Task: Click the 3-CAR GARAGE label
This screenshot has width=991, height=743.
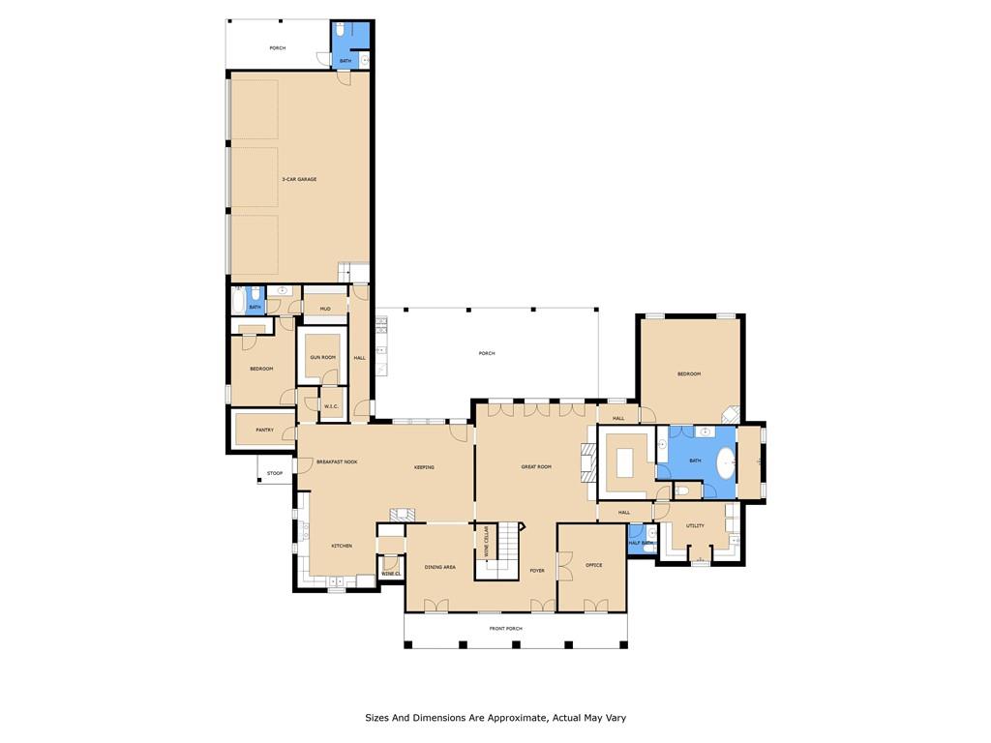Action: (299, 179)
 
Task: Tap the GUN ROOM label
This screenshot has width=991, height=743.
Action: (322, 357)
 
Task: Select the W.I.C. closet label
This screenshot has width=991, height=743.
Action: (330, 406)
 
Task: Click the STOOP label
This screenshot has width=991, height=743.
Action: (275, 473)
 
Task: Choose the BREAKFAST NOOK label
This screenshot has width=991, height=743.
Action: (338, 461)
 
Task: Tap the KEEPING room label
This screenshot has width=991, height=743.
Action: (424, 467)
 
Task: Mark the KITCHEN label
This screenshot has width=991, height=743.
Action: (342, 546)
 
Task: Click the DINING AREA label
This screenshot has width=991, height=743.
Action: (440, 567)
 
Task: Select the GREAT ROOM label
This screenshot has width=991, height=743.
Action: (536, 467)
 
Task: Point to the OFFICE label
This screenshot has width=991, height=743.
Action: (593, 565)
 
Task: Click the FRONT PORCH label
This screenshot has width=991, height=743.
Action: (505, 629)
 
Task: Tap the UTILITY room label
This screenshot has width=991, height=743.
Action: (695, 525)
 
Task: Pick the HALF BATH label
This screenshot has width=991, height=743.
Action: (642, 543)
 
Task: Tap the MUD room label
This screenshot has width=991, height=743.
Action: (325, 310)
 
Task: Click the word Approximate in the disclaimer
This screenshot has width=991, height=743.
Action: (504, 718)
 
